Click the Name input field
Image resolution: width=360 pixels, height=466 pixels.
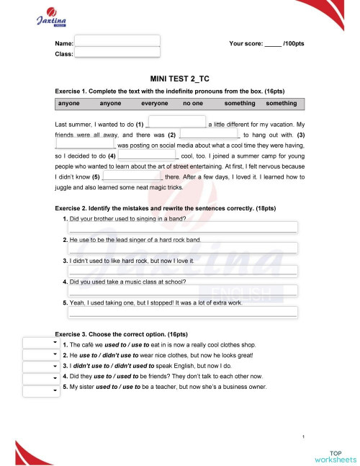pyautogui.click(x=117, y=40)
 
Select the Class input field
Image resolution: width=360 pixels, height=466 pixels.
pyautogui.click(x=117, y=53)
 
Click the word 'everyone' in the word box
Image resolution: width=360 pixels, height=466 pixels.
pyautogui.click(x=154, y=103)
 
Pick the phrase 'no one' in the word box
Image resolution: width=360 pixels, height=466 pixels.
pyautogui.click(x=193, y=103)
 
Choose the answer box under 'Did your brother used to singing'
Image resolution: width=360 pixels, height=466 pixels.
pyautogui.click(x=182, y=228)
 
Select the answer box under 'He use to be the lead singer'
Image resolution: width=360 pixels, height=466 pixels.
pyautogui.click(x=182, y=248)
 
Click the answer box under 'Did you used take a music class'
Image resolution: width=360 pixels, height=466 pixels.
pyautogui.click(x=182, y=291)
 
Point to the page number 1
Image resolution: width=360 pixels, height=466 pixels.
pyautogui.click(x=305, y=436)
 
